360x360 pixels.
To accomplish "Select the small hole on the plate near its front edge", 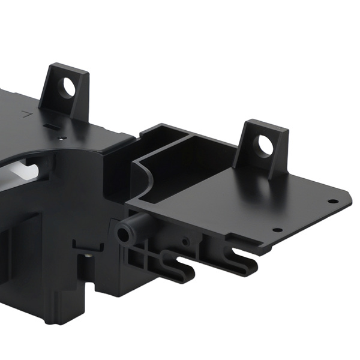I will click(x=277, y=229).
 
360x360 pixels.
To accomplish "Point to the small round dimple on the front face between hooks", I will click(x=185, y=241).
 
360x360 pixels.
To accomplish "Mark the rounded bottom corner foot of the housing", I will click(x=57, y=315).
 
